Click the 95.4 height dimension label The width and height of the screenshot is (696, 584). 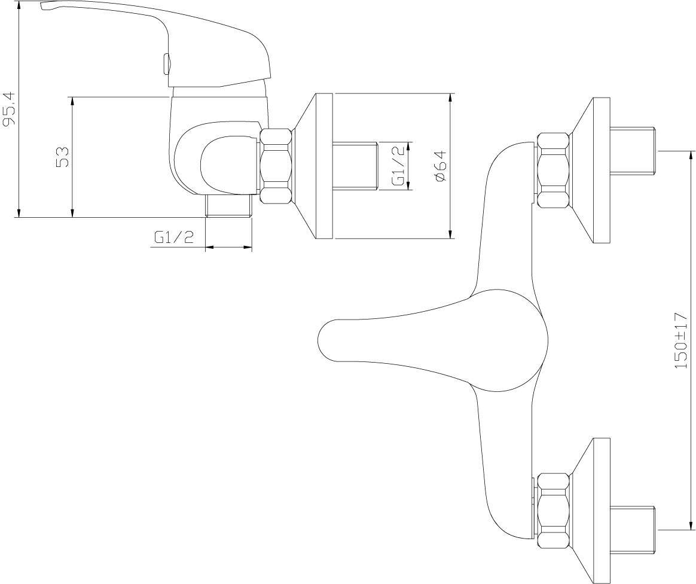pyautogui.click(x=10, y=108)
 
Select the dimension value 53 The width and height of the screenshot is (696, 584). pyautogui.click(x=63, y=156)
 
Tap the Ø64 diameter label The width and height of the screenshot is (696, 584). pyautogui.click(x=440, y=166)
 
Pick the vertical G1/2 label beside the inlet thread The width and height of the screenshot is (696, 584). pyautogui.click(x=398, y=166)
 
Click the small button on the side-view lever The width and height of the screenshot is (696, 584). pyautogui.click(x=166, y=65)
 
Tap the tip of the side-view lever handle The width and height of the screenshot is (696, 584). pyautogui.click(x=42, y=5)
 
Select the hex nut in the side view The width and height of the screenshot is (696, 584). pyautogui.click(x=276, y=166)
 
